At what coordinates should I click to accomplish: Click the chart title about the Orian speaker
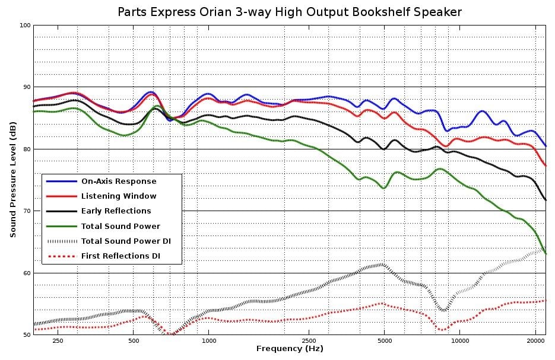pyautogui.click(x=289, y=12)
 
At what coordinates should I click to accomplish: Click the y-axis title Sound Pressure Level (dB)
pyautogui.click(x=12, y=180)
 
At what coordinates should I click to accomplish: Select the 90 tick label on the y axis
pyautogui.click(x=26, y=87)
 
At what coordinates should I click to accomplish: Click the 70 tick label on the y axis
pyautogui.click(x=26, y=211)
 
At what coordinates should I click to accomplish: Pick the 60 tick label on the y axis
pyautogui.click(x=26, y=273)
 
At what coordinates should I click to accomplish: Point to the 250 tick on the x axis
pyautogui.click(x=58, y=341)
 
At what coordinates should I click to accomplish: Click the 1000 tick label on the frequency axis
pyautogui.click(x=209, y=341)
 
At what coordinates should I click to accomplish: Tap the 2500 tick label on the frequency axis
pyautogui.click(x=309, y=341)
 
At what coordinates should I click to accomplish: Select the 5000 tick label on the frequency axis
pyautogui.click(x=384, y=341)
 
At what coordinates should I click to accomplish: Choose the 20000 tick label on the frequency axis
pyautogui.click(x=535, y=341)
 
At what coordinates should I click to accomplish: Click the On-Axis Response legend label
pyautogui.click(x=119, y=181)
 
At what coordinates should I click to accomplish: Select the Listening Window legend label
pyautogui.click(x=119, y=196)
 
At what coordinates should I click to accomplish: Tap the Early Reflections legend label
pyautogui.click(x=116, y=211)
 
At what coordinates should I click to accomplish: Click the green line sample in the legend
pyautogui.click(x=61, y=226)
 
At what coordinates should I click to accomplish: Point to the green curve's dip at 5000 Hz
pyautogui.click(x=384, y=188)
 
